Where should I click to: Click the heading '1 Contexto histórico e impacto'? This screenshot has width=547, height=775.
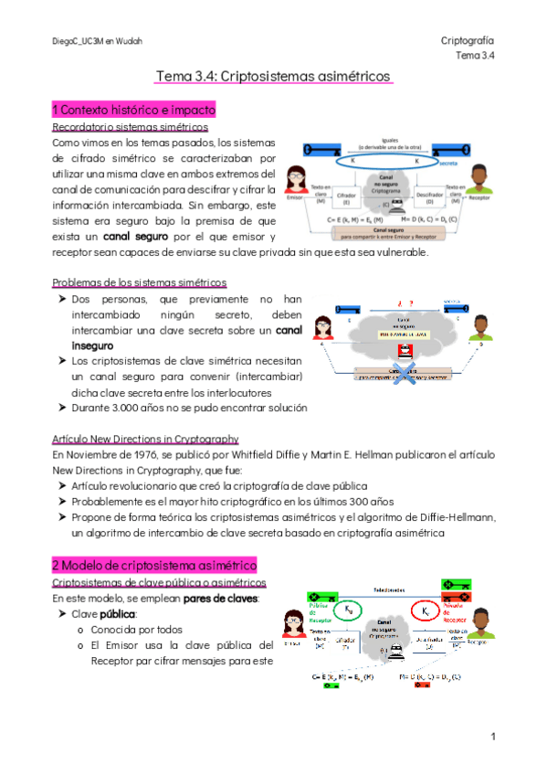(133, 111)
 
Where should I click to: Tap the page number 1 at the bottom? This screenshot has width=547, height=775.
(492, 736)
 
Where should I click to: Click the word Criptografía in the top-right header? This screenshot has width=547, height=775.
(467, 41)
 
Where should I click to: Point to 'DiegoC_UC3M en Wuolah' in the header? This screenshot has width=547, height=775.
(98, 42)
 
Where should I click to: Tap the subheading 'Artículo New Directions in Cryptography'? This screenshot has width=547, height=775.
(145, 439)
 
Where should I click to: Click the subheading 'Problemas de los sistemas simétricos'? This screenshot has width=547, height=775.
(140, 283)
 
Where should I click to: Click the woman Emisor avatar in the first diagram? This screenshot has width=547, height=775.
(296, 182)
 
